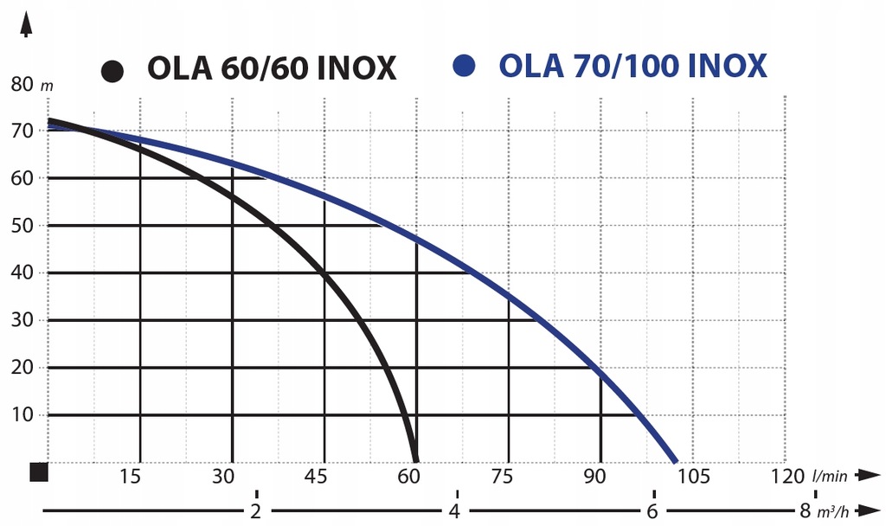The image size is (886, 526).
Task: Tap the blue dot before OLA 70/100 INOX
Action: pyautogui.click(x=466, y=66)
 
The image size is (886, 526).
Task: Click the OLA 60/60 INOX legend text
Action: pyautogui.click(x=272, y=68)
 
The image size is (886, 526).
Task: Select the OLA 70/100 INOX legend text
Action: pyautogui.click(x=632, y=66)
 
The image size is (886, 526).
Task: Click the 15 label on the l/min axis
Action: pyautogui.click(x=131, y=477)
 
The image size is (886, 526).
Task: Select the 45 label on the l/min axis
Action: pyautogui.click(x=317, y=477)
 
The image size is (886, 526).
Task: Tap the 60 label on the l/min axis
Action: pyautogui.click(x=409, y=477)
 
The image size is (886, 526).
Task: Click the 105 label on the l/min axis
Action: pyautogui.click(x=693, y=477)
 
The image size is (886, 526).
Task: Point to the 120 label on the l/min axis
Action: pyautogui.click(x=786, y=477)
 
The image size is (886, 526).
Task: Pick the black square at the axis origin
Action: pyautogui.click(x=38, y=471)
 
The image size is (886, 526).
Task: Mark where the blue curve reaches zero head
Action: pyautogui.click(x=675, y=460)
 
